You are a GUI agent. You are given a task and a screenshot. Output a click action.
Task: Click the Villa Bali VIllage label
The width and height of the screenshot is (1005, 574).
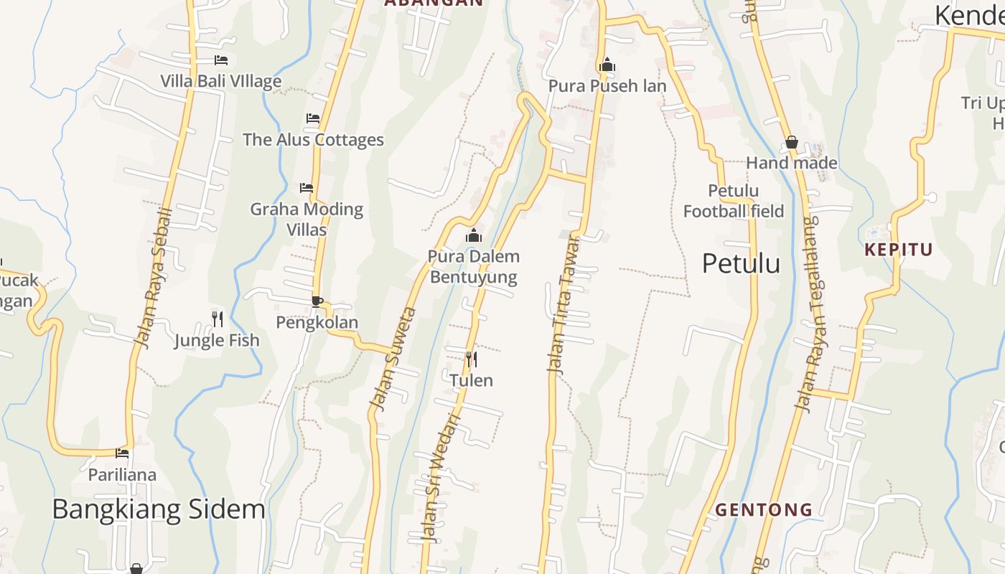click(x=220, y=81)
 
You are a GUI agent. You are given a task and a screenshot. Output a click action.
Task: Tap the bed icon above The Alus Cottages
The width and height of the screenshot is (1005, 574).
click(x=313, y=118)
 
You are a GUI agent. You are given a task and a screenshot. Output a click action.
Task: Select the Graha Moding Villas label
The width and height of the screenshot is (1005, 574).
click(x=307, y=219)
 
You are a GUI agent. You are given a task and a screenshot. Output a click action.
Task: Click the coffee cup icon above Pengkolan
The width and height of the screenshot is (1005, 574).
click(x=317, y=301)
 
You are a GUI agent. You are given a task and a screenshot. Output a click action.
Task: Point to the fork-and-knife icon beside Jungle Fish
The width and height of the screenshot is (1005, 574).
click(x=218, y=319)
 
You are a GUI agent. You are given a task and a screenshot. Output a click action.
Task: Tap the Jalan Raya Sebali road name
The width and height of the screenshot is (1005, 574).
click(x=154, y=278)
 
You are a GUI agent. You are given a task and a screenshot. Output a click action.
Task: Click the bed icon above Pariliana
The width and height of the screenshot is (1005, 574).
click(x=122, y=453)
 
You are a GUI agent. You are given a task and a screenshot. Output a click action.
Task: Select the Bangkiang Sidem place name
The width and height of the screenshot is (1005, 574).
click(x=159, y=509)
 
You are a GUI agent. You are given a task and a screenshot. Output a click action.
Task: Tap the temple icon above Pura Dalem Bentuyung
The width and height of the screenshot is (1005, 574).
click(x=473, y=235)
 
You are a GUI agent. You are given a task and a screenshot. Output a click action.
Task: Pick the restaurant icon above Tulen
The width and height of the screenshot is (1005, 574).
click(x=472, y=359)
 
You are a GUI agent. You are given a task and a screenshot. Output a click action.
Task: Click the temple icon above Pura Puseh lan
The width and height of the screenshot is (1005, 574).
click(x=607, y=65)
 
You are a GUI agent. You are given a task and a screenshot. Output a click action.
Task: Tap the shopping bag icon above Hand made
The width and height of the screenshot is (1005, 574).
click(x=792, y=142)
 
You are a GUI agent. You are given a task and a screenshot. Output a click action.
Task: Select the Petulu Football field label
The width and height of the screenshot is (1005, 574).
click(x=733, y=201)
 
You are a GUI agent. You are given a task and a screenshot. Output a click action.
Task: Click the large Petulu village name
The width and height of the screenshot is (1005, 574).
click(x=741, y=263)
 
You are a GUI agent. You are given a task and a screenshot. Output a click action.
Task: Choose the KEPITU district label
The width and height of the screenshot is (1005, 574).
click(x=898, y=250)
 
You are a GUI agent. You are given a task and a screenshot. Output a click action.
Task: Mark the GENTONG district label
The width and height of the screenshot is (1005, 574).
click(x=764, y=510)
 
